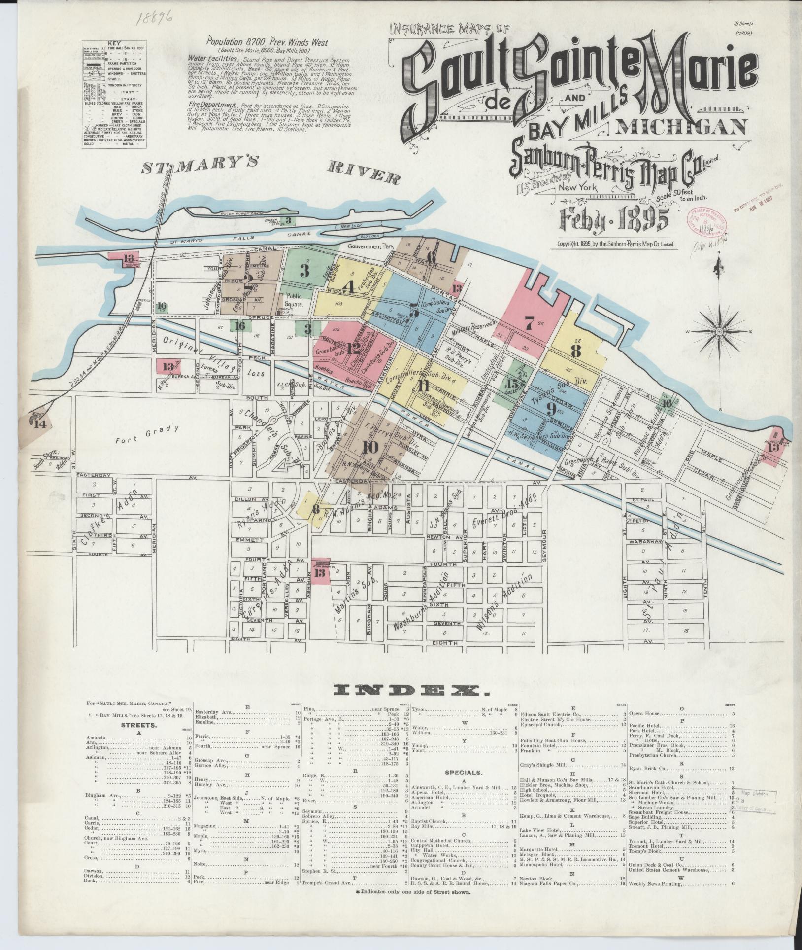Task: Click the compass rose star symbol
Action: pos(720,332)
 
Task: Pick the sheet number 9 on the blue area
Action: pos(551,409)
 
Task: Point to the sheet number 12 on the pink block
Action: pos(353,349)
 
